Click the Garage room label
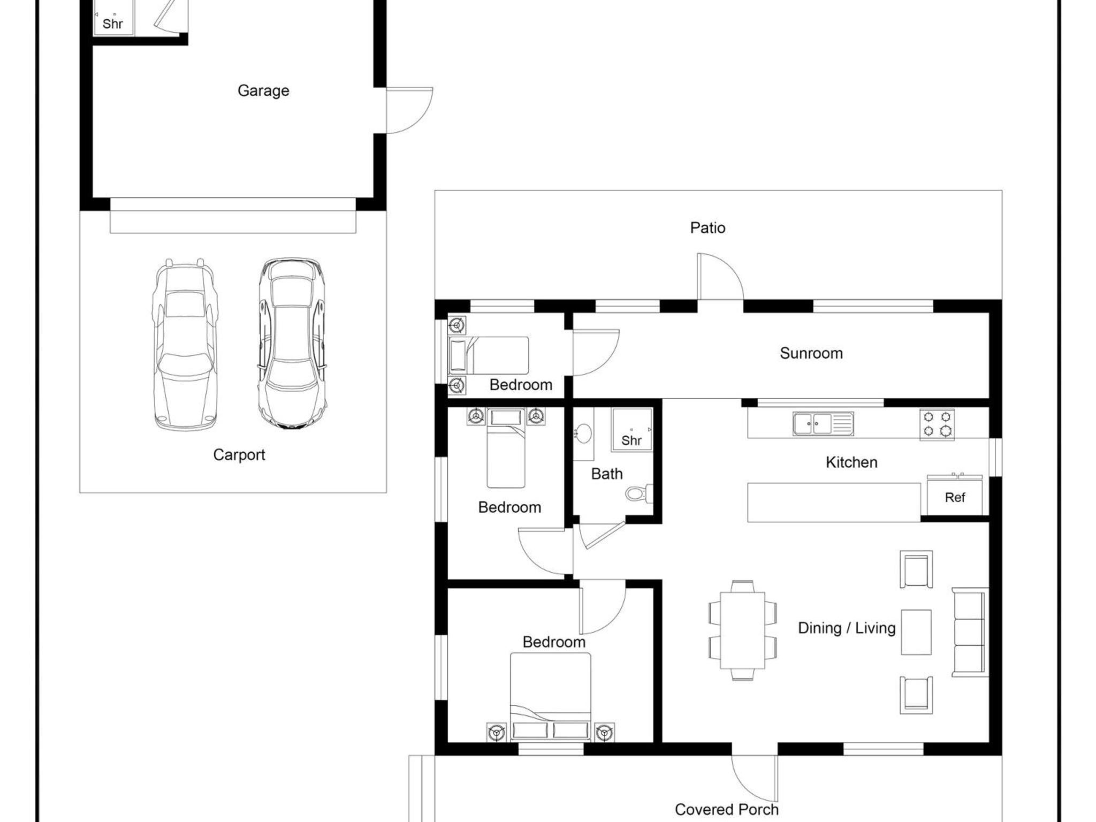(263, 91)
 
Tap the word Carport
(239, 455)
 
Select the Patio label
(707, 228)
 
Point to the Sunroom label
(811, 353)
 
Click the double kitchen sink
(823, 424)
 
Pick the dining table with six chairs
(742, 630)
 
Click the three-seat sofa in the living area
(970, 632)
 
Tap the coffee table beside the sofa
(916, 632)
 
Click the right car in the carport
(292, 344)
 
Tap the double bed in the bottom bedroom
(550, 697)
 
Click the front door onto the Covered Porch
(755, 779)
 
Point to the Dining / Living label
(847, 628)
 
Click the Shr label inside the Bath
(631, 440)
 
